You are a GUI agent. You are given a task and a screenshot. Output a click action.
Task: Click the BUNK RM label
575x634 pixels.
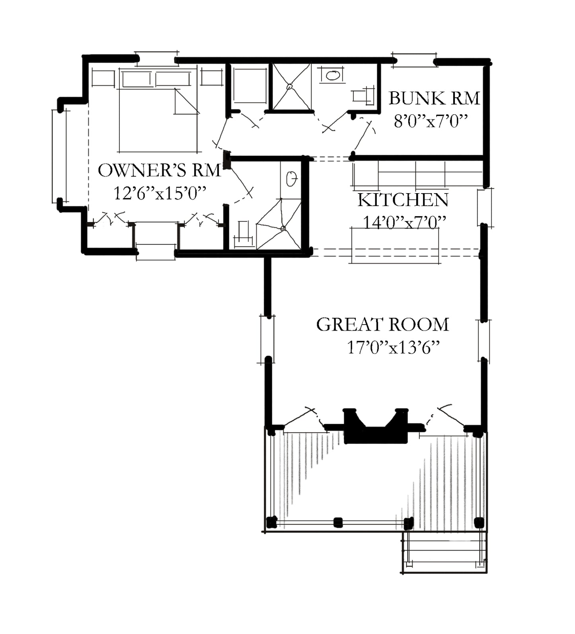[434, 98]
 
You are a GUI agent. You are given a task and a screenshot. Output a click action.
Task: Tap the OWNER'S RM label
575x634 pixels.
[159, 170]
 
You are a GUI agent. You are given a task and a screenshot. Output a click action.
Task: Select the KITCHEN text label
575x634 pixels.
[403, 200]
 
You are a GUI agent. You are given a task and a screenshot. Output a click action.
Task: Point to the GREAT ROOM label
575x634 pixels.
[383, 325]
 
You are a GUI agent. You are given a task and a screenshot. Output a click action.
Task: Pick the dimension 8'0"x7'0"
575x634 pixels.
[430, 121]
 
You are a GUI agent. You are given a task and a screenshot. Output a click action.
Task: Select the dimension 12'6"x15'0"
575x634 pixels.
[160, 194]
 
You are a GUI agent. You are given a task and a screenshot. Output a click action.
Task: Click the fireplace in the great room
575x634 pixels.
[376, 426]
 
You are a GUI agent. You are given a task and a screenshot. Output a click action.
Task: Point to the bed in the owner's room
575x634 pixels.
[158, 111]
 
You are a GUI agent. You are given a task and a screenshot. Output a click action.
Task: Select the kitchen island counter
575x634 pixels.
[395, 245]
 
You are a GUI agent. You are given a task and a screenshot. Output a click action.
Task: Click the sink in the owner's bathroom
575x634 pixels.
[292, 179]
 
